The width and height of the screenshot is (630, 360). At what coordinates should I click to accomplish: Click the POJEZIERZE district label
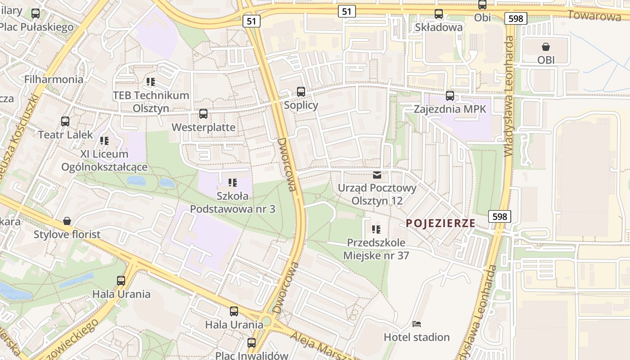[x=441, y=223]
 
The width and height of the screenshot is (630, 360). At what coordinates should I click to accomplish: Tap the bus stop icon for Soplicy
[x=301, y=92]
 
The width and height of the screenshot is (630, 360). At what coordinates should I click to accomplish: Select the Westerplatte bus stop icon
[x=203, y=114]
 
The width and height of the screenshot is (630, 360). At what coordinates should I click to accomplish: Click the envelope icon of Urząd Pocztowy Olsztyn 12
[x=377, y=175]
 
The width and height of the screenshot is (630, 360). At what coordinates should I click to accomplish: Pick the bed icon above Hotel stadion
[x=417, y=324]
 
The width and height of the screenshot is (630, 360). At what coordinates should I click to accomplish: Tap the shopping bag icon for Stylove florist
[x=67, y=221]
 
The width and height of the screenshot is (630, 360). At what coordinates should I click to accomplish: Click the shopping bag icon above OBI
[x=546, y=46]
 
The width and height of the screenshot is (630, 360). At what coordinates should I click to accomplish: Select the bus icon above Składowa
[x=439, y=14]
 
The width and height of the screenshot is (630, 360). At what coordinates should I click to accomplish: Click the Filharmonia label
[x=54, y=80]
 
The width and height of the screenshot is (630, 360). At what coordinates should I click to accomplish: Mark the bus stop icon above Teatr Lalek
[x=65, y=121]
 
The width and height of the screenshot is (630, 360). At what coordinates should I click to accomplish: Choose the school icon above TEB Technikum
[x=151, y=82]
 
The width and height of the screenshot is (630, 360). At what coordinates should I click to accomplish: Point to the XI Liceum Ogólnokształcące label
[x=104, y=160]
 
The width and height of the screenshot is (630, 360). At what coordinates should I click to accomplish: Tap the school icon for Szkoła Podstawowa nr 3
[x=233, y=182]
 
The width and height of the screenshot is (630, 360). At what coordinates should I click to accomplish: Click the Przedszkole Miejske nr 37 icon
[x=376, y=229]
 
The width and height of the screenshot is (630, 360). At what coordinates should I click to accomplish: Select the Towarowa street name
[x=594, y=16]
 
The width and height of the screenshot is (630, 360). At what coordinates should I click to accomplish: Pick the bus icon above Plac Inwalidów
[x=252, y=342]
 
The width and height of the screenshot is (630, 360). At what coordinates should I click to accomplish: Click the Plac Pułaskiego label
[x=36, y=27]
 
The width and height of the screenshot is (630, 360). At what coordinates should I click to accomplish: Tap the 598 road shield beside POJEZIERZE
[x=499, y=216]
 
